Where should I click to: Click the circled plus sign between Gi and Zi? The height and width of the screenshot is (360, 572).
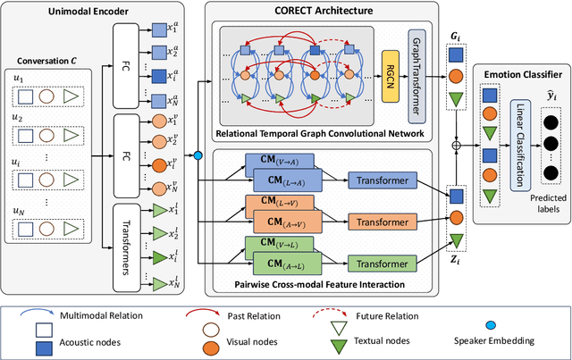pos(456,144)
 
